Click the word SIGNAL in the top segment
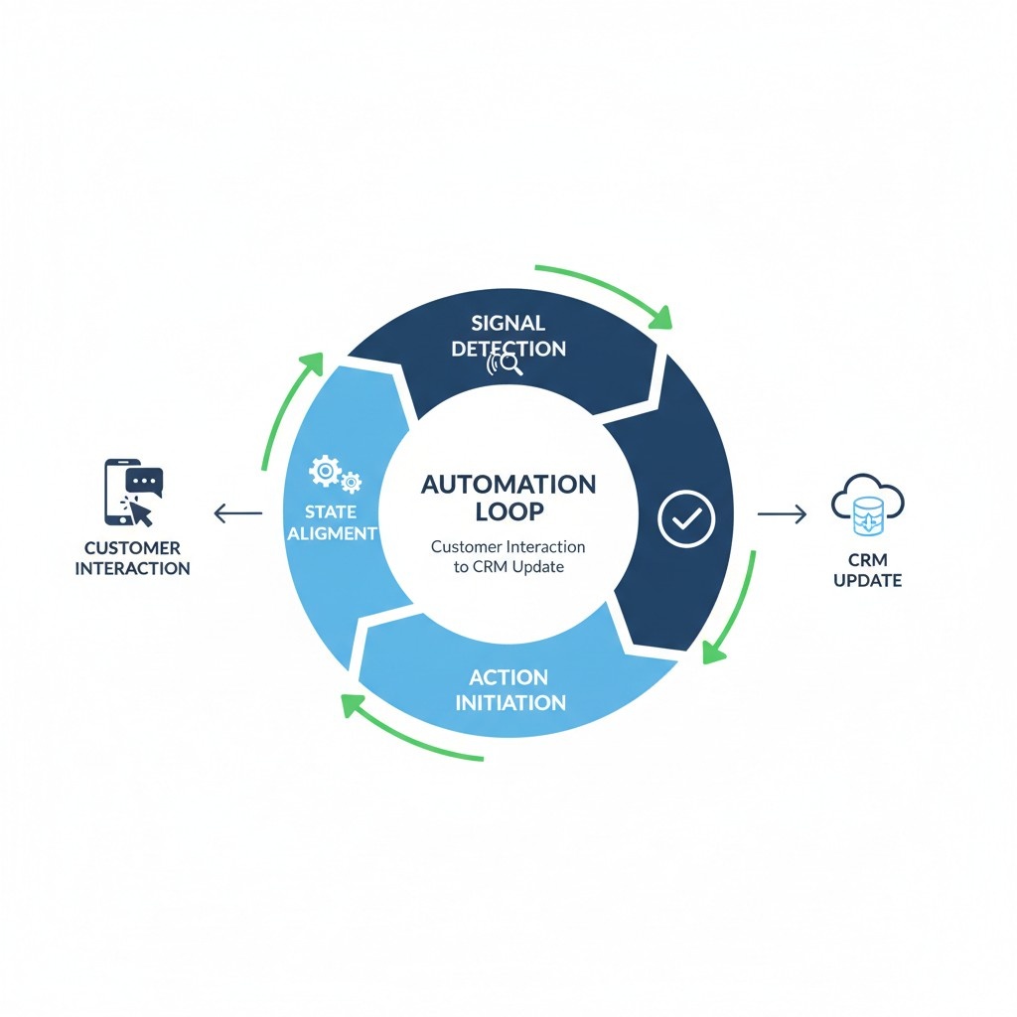click(x=508, y=323)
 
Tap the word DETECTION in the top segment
click(x=508, y=349)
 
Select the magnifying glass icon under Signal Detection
click(x=508, y=366)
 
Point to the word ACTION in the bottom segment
click(x=508, y=677)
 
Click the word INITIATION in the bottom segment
click(x=510, y=702)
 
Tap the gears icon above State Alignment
click(x=334, y=473)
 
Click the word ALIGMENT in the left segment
click(x=331, y=533)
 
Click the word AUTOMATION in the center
click(x=508, y=485)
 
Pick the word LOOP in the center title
click(x=508, y=511)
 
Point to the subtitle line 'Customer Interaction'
click(x=508, y=546)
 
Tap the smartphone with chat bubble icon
click(x=133, y=492)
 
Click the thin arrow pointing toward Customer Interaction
click(x=238, y=513)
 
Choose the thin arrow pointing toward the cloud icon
click(x=782, y=513)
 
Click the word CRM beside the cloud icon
click(x=867, y=559)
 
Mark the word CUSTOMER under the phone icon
click(x=132, y=548)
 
